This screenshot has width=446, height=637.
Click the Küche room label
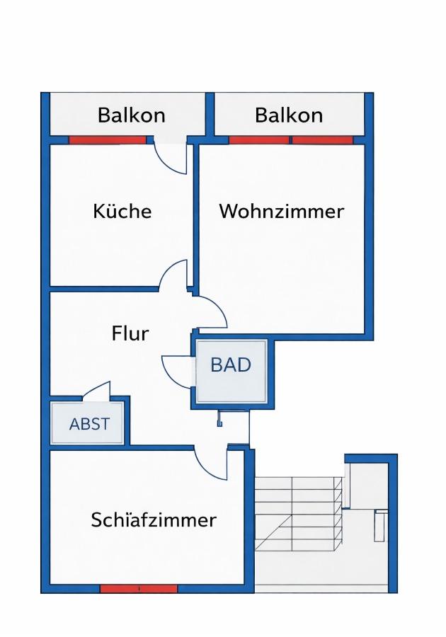(x=122, y=211)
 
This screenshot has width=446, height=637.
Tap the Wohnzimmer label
(x=281, y=211)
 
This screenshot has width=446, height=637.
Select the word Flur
(x=130, y=333)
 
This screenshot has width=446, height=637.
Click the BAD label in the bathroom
(x=231, y=365)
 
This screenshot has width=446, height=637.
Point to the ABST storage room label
(x=89, y=424)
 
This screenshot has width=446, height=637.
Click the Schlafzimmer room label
(x=154, y=520)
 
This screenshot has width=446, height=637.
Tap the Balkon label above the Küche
(x=131, y=115)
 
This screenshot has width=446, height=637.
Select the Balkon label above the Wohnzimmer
(x=289, y=115)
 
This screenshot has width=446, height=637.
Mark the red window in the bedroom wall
(x=138, y=588)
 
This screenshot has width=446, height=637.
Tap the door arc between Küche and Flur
(x=173, y=275)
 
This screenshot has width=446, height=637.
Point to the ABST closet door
(x=98, y=391)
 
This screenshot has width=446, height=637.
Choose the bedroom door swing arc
(x=212, y=464)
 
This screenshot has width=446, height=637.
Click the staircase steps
(x=297, y=513)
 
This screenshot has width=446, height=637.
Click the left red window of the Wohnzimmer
(x=258, y=140)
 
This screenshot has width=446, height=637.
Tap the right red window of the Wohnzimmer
(x=322, y=140)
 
